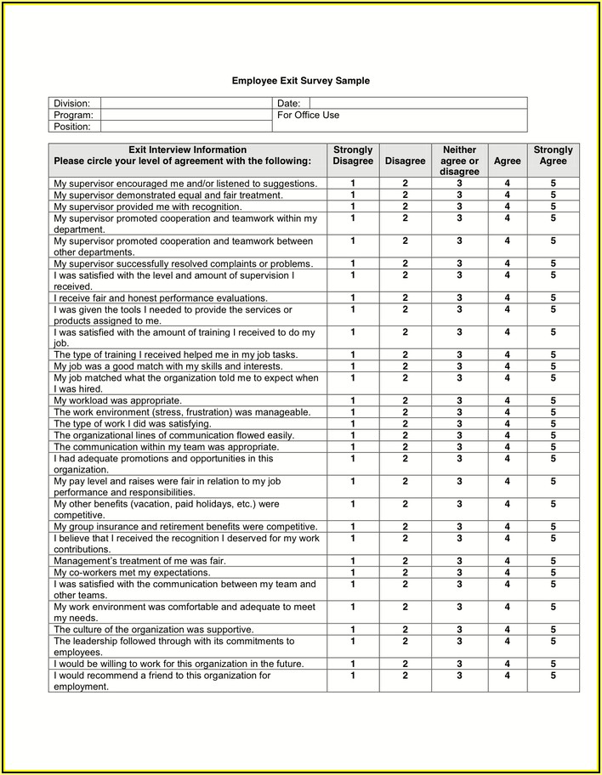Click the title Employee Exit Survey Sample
coord(301,81)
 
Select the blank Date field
coord(417,103)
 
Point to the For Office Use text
coord(308,115)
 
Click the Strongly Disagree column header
coord(353,156)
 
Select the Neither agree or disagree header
coord(459,161)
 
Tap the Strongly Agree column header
coord(553,156)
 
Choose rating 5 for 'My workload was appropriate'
coord(553,400)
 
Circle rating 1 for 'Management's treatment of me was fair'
coord(353,561)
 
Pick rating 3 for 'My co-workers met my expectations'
coord(459,573)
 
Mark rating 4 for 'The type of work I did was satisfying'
coord(508,423)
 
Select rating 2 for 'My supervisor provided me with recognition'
coord(405,206)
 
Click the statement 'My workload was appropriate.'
coord(117,400)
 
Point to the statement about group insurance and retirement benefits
coord(185,527)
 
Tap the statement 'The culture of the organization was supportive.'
coord(152,630)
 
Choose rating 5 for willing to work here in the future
coord(553,664)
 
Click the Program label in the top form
coord(73,115)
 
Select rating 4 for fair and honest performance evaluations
coord(508,298)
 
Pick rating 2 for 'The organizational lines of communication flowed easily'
coord(405,434)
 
